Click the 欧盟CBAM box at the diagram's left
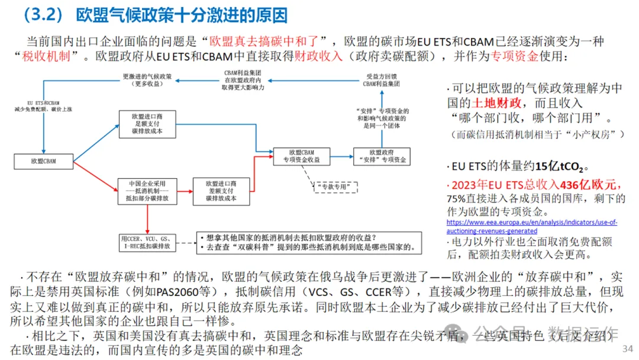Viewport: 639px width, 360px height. coord(43,160)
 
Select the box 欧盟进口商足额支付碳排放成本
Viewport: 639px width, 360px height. coord(147,124)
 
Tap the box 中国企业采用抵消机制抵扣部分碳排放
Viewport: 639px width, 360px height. coord(147,191)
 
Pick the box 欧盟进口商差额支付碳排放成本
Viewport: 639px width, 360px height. coord(221,191)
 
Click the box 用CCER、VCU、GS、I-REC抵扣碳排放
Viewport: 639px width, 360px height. coord(148,242)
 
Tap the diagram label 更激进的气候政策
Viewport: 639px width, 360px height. coord(147,80)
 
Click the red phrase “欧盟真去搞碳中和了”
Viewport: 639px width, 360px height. coord(264,41)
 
